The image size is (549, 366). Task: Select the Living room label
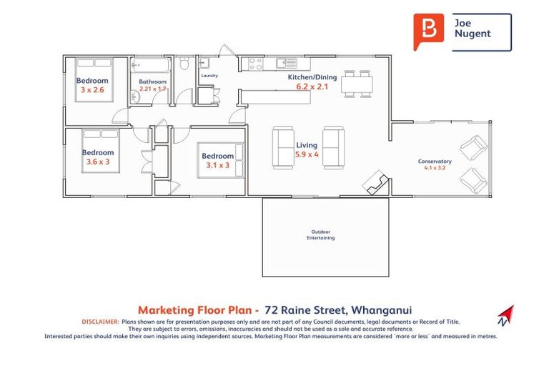coord(307,145)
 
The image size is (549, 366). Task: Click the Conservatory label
coord(435,162)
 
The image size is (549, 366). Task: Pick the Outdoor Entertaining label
coord(322,234)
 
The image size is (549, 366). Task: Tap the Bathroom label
coord(153,81)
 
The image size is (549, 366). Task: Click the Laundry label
coord(209,75)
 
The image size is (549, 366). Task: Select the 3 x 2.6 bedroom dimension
coord(92,90)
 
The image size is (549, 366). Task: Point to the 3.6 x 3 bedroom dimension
coord(97,162)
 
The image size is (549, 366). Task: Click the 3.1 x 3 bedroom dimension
coord(217,165)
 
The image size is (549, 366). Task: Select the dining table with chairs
coord(356,84)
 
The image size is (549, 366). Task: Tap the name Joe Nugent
coord(473,29)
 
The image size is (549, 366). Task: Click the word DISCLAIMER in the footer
coord(100,322)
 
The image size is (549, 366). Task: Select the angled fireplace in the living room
coord(376,184)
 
